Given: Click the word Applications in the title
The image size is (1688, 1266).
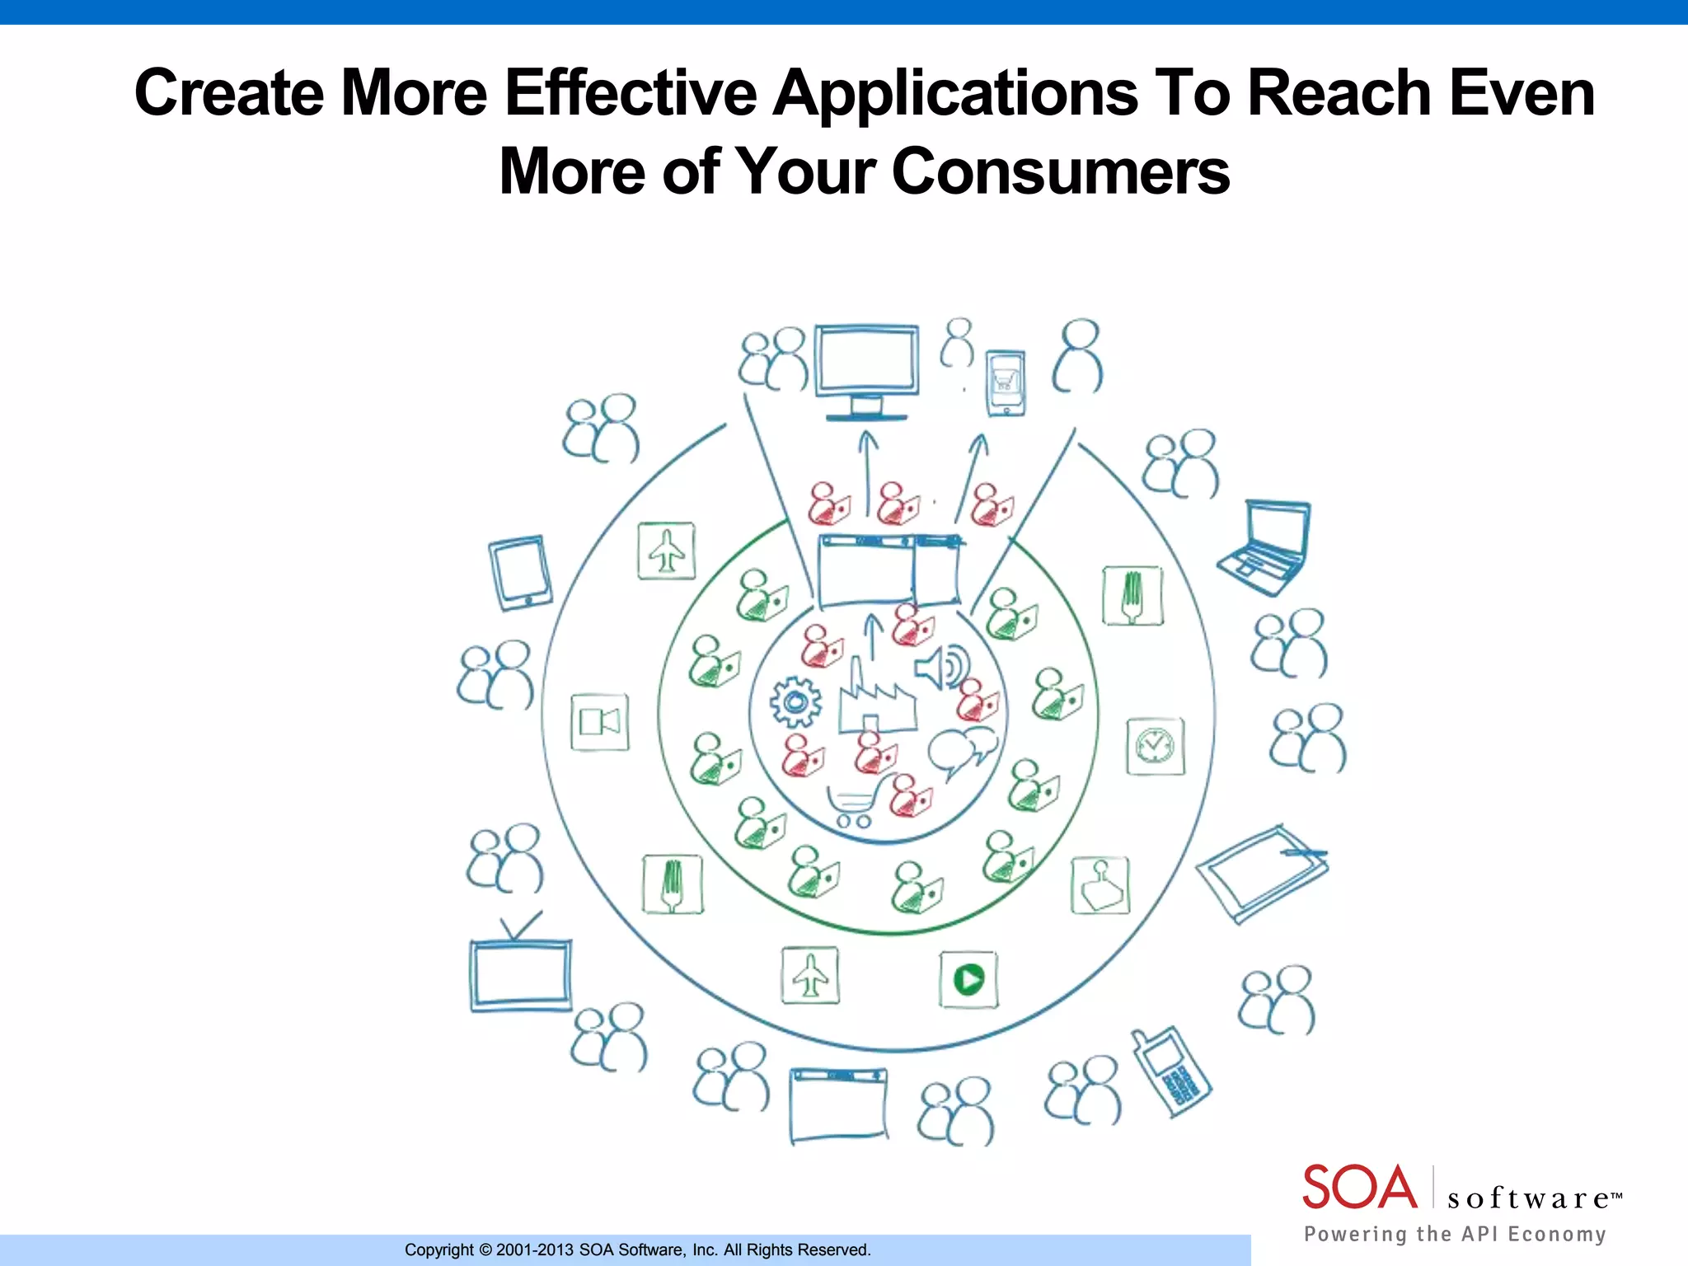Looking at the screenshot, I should (x=956, y=93).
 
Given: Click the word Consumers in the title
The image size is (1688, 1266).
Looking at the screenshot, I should (x=1061, y=171).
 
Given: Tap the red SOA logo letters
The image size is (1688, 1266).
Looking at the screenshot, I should (x=1359, y=1187).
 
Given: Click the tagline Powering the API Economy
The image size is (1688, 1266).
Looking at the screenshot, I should (x=1455, y=1234).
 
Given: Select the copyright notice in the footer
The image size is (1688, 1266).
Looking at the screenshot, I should (x=637, y=1250).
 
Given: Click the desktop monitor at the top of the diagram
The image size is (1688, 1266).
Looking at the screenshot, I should (x=866, y=368).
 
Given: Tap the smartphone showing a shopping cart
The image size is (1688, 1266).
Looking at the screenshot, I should (x=1006, y=383).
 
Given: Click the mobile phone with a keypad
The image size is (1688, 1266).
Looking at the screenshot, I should (x=1172, y=1072).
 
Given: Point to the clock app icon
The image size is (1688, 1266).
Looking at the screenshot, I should (x=1156, y=746).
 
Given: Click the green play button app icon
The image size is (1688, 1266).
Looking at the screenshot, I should (x=968, y=979).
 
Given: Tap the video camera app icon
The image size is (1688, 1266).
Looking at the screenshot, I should (x=600, y=723).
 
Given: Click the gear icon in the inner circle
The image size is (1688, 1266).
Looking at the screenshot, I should (x=795, y=702).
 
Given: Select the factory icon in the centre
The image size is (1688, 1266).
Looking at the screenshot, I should (x=876, y=701).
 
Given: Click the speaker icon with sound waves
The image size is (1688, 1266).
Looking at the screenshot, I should (x=942, y=667).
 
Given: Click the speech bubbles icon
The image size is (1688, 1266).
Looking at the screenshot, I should (x=961, y=751).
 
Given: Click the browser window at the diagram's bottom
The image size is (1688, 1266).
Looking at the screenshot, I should (x=839, y=1104).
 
